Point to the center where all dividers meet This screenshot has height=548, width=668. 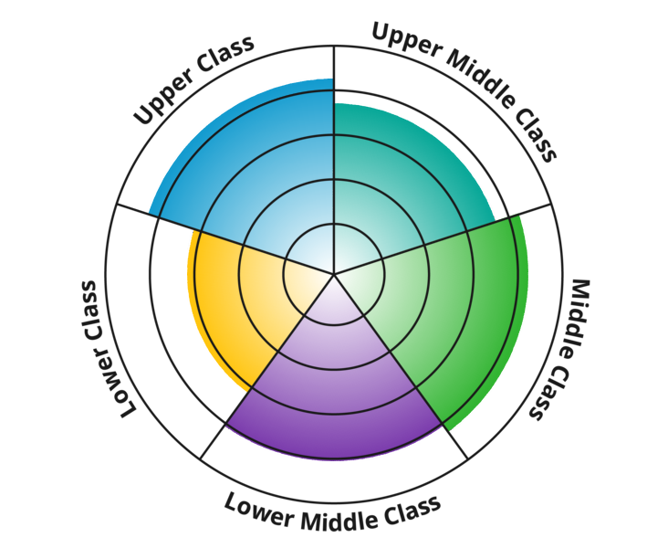click(334, 273)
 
